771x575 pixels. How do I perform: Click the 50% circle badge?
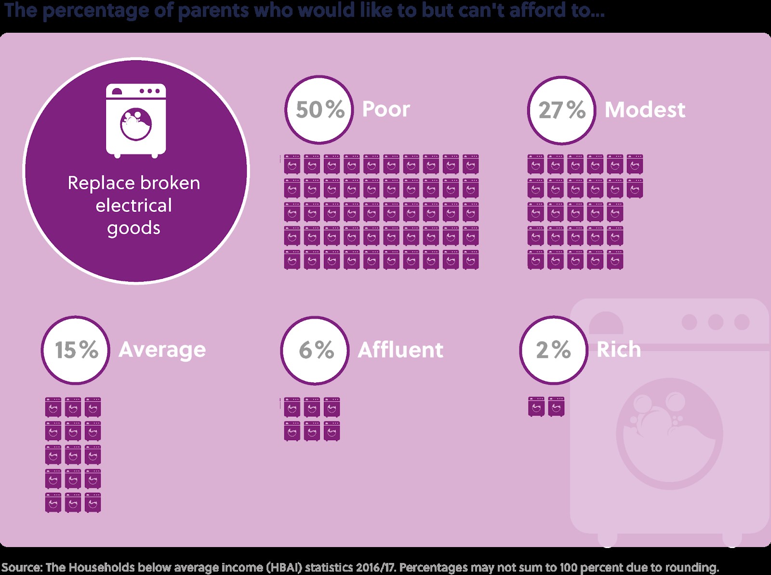319,109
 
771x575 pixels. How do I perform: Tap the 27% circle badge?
562,110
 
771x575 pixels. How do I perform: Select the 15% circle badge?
76,350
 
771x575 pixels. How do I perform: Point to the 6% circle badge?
315,350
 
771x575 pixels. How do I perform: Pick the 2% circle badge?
554,350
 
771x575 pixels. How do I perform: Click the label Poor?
385,109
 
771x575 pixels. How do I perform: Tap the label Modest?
645,110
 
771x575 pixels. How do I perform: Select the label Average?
162,350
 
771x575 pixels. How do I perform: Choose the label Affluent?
400,350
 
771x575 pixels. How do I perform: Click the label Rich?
619,350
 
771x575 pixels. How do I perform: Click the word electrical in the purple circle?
133,206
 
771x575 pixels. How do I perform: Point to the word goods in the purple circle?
133,228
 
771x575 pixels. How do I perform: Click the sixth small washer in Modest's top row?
635,164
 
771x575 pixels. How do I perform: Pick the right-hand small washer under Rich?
556,407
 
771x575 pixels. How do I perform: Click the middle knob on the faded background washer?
716,322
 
